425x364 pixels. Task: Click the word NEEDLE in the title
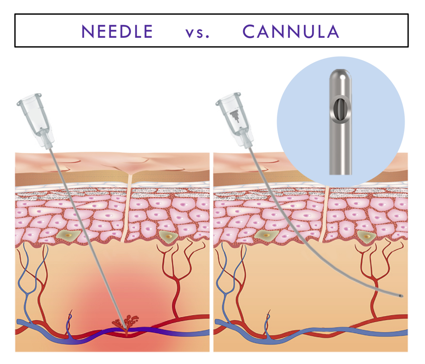(x=117, y=31)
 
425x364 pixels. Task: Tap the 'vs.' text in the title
(x=197, y=33)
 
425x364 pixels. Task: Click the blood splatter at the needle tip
(x=125, y=322)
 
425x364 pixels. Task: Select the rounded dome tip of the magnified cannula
(x=340, y=74)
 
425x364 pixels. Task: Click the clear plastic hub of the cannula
(x=236, y=120)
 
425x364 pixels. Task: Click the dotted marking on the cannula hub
(x=234, y=116)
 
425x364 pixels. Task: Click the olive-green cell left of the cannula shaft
(x=266, y=235)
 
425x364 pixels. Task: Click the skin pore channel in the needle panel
(x=127, y=208)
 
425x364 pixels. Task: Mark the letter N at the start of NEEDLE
(x=88, y=31)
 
